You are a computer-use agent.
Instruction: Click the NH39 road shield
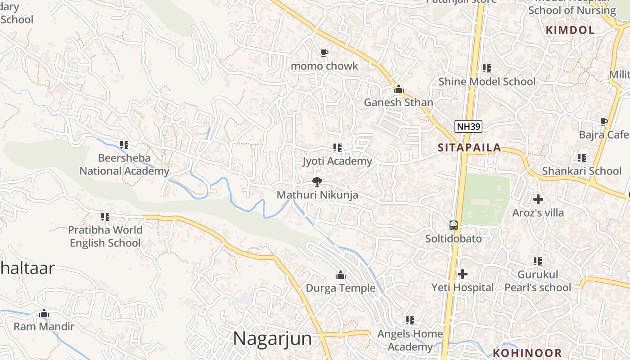coord(468,126)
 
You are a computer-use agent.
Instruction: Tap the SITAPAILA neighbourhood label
coord(469,148)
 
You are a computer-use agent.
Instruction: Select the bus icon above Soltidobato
coord(454,225)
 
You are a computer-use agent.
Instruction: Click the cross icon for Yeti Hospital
coord(463,274)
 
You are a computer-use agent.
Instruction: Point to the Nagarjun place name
coord(272,338)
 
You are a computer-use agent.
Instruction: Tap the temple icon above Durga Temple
coord(341,275)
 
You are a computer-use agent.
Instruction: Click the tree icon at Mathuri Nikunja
coord(317,182)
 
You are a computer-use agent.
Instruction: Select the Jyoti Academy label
coord(337,161)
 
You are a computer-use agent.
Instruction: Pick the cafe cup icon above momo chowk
coord(324,53)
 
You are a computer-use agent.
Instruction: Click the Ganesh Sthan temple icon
coord(398,89)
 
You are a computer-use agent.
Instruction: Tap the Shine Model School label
coord(487,81)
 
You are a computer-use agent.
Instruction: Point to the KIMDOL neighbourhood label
coord(570,30)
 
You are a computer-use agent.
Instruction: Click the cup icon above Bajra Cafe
coord(603,121)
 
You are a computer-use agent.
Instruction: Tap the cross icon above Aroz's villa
coord(538,199)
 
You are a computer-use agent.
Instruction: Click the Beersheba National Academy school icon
coord(124,145)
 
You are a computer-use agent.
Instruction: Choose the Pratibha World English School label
coord(105,236)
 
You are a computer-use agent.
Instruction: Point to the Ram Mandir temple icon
coord(44,313)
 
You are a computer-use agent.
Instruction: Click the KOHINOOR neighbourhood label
coord(527,353)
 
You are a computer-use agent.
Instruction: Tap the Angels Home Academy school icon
coord(409,320)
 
